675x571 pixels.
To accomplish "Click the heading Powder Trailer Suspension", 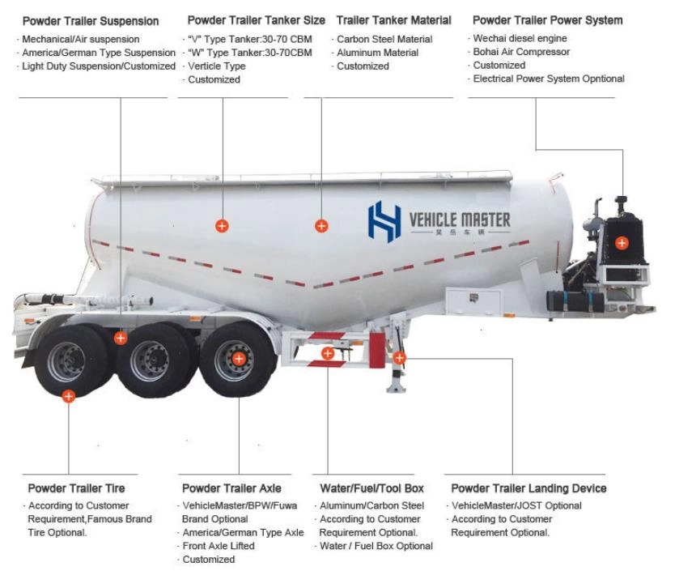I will click(x=91, y=20).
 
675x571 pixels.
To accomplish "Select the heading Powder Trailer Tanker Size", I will click(x=256, y=20).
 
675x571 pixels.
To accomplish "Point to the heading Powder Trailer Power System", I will click(x=547, y=20).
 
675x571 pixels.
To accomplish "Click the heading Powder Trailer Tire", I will click(x=76, y=488).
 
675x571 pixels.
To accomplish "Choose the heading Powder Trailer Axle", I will click(x=231, y=488).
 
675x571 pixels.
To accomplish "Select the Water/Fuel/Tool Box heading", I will click(x=371, y=488).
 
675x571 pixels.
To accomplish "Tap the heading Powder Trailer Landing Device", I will click(x=529, y=488).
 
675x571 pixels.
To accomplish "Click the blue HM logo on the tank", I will click(x=384, y=220).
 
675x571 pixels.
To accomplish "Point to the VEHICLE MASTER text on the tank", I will click(x=460, y=219).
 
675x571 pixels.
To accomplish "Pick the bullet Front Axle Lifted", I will click(x=219, y=546).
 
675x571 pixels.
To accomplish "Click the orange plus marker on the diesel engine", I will click(x=622, y=242).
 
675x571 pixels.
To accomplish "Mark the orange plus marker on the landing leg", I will click(x=399, y=357).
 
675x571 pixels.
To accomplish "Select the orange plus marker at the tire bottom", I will click(x=69, y=396).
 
